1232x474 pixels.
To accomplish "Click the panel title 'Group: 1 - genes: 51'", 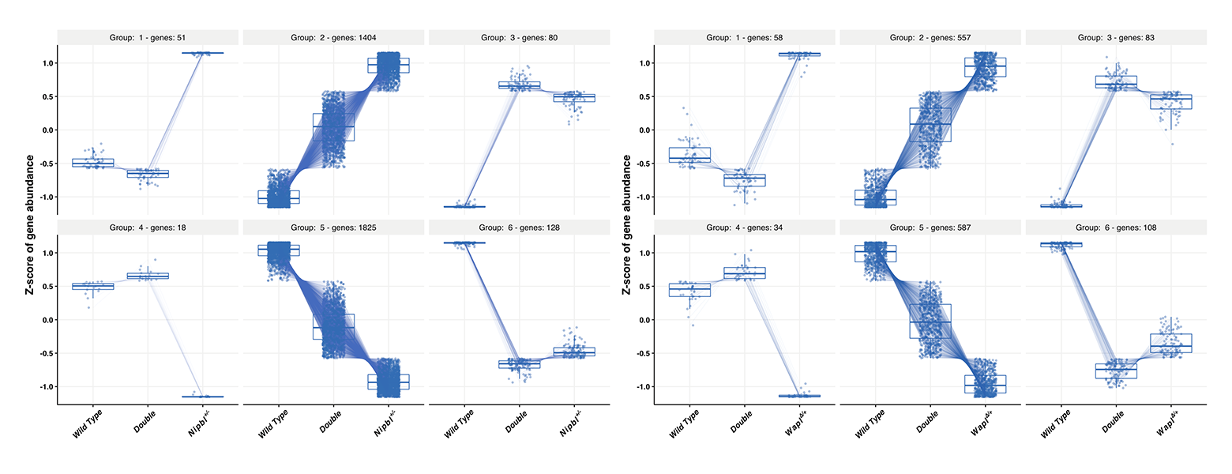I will tap(148, 37).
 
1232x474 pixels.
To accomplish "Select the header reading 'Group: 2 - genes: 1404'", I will tap(333, 37).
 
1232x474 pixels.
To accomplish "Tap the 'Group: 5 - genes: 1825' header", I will tap(333, 228).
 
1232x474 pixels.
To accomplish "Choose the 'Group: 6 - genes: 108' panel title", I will tap(1116, 228).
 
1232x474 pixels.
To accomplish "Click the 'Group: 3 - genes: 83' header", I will tap(1116, 37).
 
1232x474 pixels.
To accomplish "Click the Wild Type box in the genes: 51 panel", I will tap(93, 163).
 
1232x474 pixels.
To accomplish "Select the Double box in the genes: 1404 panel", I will tap(333, 127).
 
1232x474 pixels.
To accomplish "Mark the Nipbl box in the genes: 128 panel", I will tap(574, 352).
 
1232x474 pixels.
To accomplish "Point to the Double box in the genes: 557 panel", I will tap(930, 125).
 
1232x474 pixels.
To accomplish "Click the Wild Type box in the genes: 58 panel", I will tap(689, 155).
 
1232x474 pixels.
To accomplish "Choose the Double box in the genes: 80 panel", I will tap(519, 85).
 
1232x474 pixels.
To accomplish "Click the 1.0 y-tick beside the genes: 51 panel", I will tap(45, 63).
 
